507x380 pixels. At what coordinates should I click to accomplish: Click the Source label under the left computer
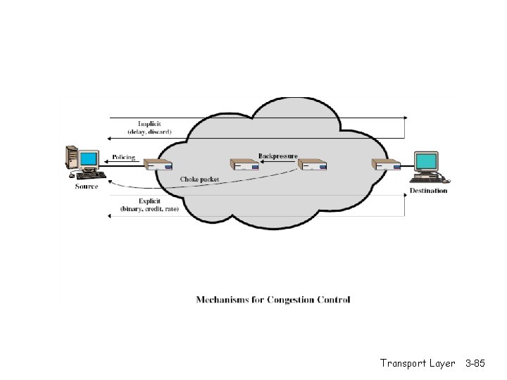click(x=87, y=186)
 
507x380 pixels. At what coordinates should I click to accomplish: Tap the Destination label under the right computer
click(x=428, y=191)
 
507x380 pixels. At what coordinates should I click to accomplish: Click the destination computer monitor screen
click(x=427, y=161)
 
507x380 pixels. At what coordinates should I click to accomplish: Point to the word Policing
click(x=123, y=157)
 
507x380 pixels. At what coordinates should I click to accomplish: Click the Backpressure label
click(x=277, y=156)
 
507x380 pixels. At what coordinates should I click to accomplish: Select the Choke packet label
click(x=199, y=179)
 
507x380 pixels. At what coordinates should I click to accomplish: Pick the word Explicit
click(x=149, y=201)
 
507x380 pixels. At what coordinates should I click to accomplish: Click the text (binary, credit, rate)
click(x=149, y=209)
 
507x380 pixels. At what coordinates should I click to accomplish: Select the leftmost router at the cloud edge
click(x=158, y=165)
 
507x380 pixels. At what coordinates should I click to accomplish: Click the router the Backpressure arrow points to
click(x=244, y=165)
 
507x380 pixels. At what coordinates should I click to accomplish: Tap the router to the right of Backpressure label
click(x=312, y=165)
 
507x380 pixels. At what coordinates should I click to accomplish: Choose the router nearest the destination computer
click(x=386, y=165)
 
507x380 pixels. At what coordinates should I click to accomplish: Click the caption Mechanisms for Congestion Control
click(x=273, y=300)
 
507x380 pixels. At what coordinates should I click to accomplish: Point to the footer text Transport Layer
click(x=418, y=363)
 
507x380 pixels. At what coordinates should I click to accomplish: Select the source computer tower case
click(x=71, y=158)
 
